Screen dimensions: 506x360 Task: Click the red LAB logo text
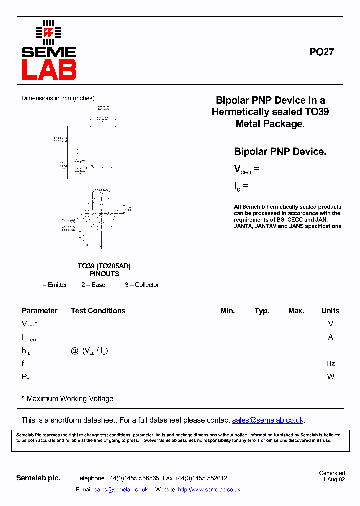point(48,70)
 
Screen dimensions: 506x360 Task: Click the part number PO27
point(321,52)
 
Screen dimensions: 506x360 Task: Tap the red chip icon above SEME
point(48,32)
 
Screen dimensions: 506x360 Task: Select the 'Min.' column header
point(227,311)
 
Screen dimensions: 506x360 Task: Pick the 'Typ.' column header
point(262,311)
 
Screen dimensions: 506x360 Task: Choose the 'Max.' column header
point(296,311)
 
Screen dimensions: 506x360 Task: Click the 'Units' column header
point(330,311)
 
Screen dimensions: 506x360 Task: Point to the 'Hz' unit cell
point(330,364)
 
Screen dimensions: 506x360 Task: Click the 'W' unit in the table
point(330,377)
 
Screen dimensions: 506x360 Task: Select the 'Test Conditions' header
point(98,311)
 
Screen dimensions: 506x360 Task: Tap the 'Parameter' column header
point(40,311)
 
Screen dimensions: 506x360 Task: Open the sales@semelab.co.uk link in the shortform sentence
point(268,420)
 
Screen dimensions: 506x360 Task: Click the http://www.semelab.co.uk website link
point(209,490)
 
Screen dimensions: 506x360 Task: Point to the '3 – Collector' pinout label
point(142,285)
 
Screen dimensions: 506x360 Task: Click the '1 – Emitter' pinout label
point(53,285)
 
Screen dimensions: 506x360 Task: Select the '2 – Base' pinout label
point(93,285)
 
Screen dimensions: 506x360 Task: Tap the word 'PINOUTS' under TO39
point(104,274)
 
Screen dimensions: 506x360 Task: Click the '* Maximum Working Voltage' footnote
point(68,399)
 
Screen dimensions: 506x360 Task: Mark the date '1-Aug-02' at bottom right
point(333,479)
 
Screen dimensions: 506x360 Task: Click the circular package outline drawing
point(102,214)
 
